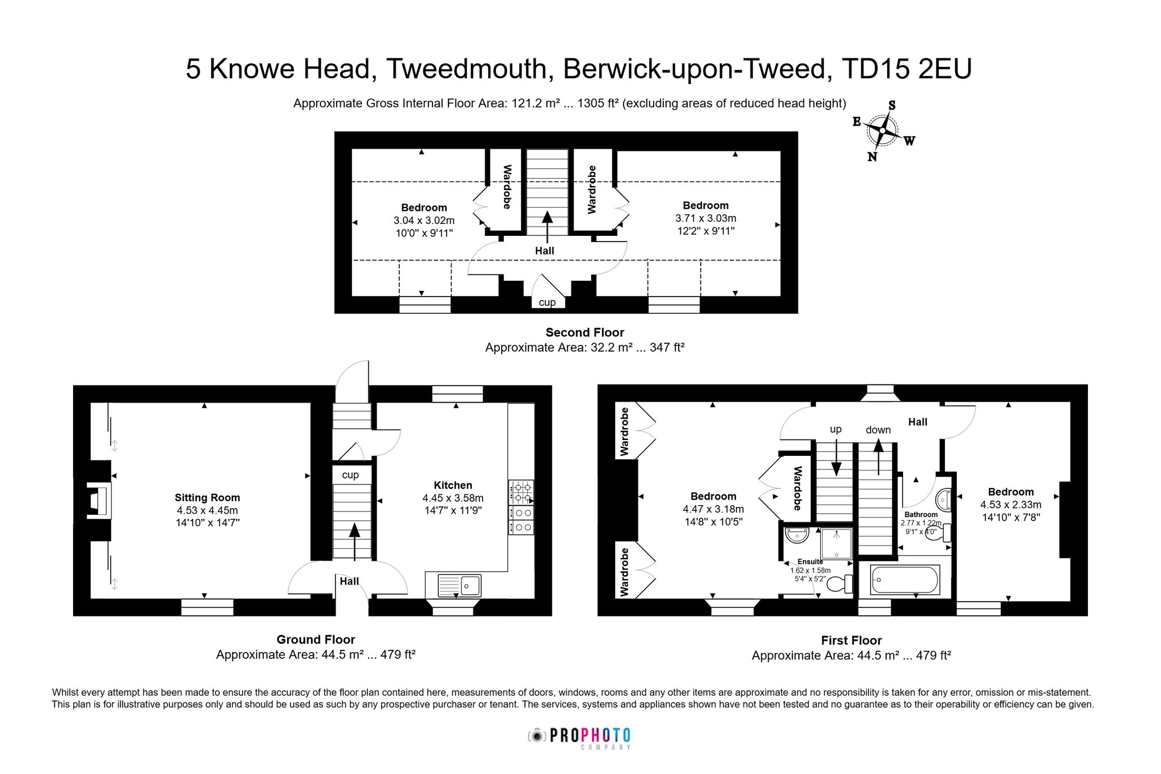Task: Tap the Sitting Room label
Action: click(207, 497)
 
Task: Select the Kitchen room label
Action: click(452, 485)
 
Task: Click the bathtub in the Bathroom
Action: click(905, 580)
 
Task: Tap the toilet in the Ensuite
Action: click(841, 583)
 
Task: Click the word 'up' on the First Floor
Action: click(836, 429)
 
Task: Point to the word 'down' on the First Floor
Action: click(878, 430)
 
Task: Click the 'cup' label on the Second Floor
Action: click(547, 302)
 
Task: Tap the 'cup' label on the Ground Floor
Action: click(350, 475)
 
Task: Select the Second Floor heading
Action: click(584, 332)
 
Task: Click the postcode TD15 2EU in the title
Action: click(906, 69)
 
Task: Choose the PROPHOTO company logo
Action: click(579, 738)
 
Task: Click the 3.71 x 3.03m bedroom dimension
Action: click(706, 218)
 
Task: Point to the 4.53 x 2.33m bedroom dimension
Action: click(1011, 505)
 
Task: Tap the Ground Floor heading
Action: click(316, 639)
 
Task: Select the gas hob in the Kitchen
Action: click(522, 492)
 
